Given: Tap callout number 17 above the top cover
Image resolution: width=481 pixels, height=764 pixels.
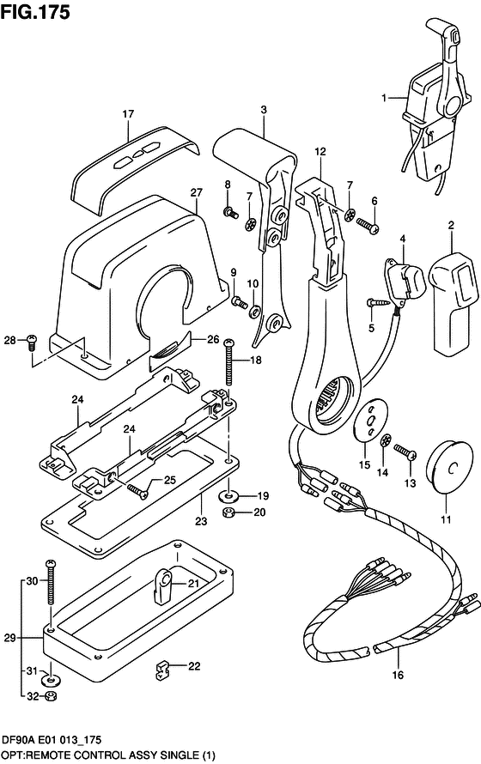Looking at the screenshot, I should point(128,114).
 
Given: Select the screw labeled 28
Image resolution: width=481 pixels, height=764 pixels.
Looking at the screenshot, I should point(32,342).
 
